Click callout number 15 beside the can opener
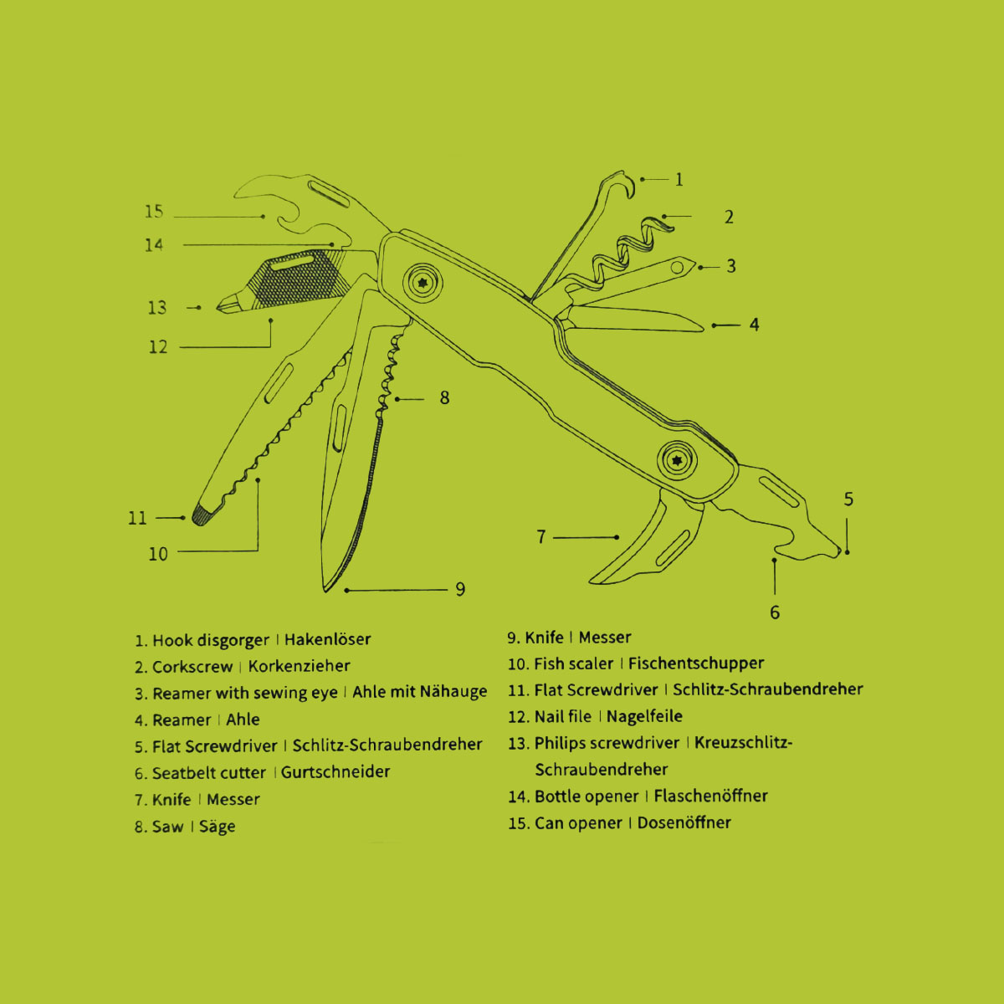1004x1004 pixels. point(154,212)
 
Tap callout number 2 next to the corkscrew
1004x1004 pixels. point(729,218)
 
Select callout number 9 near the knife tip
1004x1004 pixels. point(460,590)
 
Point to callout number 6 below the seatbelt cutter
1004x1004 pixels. point(775,612)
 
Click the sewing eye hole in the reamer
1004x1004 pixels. point(679,268)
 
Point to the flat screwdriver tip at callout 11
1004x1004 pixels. point(202,515)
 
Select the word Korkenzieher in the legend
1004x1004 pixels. point(299,667)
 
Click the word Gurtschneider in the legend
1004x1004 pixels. point(336,772)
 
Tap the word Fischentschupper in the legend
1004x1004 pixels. point(696,663)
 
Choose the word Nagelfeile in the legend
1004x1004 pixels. point(644,716)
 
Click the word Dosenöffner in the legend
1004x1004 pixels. point(684,822)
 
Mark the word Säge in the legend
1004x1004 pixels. point(217,827)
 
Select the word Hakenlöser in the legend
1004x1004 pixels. point(327,640)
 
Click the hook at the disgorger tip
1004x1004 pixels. point(619,182)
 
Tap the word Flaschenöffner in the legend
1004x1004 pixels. point(710,796)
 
